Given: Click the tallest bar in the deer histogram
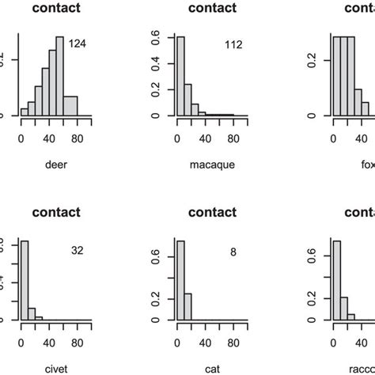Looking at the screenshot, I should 59,76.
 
